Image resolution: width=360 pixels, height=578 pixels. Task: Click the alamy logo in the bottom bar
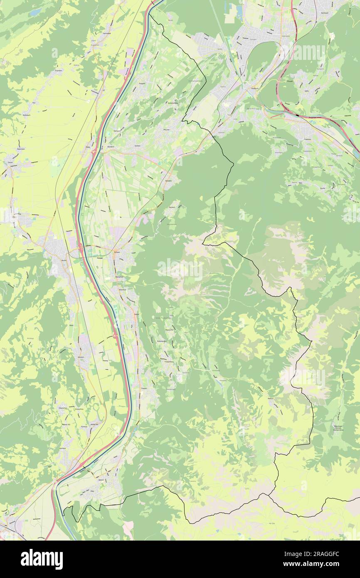coord(42,559)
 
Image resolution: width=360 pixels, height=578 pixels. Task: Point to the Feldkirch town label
coord(254,88)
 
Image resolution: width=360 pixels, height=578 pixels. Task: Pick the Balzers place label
coord(101,479)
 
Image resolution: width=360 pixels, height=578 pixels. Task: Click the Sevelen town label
coord(81,356)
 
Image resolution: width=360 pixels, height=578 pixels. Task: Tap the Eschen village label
coord(137,146)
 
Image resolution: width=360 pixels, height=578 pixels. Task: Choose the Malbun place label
coord(271,398)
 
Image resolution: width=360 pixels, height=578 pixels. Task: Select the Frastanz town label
coord(308,140)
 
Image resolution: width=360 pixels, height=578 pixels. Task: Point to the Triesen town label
coord(144,388)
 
